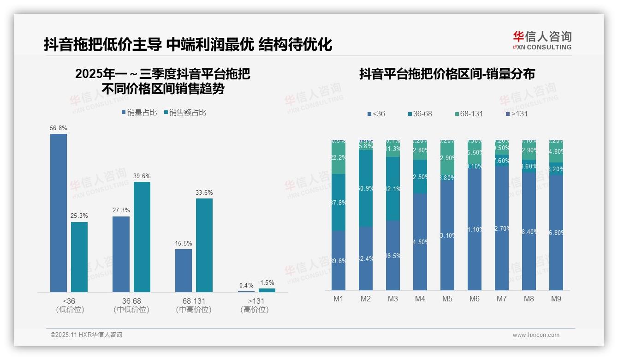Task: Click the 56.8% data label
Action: tap(59, 128)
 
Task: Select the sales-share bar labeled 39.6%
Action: tap(142, 237)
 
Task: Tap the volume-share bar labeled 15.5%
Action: tap(184, 270)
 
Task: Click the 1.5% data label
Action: tap(267, 282)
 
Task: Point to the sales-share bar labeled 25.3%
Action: tap(79, 257)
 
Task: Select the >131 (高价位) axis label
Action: tap(255, 305)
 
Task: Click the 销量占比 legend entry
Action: tap(139, 113)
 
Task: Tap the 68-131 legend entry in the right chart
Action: tap(469, 114)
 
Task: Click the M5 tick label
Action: tap(447, 299)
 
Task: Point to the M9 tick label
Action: tap(556, 299)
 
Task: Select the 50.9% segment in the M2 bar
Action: tap(366, 188)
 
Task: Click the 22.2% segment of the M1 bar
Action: tap(339, 158)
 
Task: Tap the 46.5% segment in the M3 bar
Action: tap(393, 255)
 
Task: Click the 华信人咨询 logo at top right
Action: tap(542, 40)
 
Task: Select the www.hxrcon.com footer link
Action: tap(536, 335)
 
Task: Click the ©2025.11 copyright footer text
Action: tap(86, 335)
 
